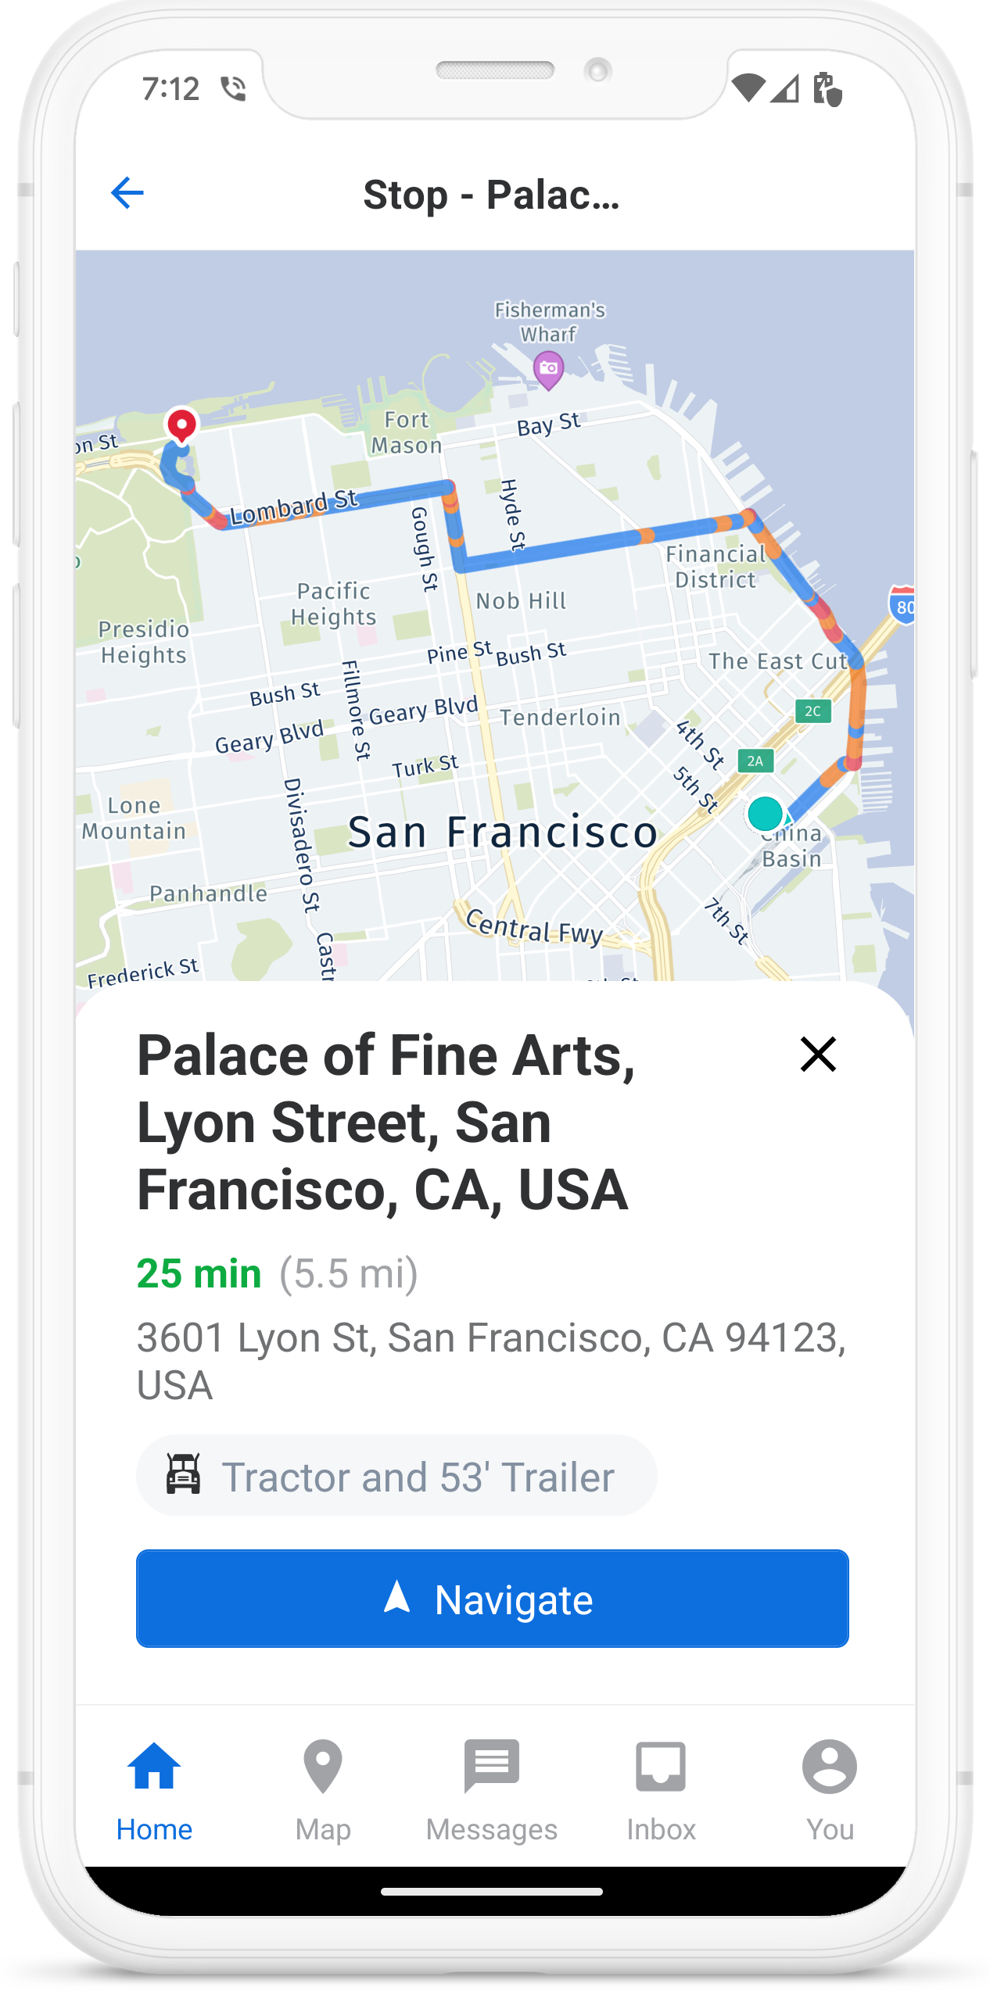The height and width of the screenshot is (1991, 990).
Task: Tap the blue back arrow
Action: (x=127, y=193)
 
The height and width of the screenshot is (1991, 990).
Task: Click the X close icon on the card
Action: (x=818, y=1054)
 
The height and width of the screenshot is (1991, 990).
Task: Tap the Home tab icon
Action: (x=154, y=1767)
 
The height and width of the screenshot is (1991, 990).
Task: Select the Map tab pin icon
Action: (x=323, y=1767)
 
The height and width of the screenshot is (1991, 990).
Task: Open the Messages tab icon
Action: (x=492, y=1765)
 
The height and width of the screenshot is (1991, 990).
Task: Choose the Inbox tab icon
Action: (x=661, y=1767)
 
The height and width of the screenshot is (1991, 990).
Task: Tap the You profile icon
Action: (x=830, y=1767)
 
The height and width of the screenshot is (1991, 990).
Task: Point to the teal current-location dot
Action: (x=765, y=813)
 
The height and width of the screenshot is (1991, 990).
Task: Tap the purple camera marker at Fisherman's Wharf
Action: (x=549, y=368)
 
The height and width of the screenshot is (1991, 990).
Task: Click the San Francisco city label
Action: (x=502, y=832)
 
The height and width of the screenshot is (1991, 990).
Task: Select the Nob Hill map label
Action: (x=521, y=601)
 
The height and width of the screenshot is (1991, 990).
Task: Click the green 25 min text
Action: (x=199, y=1273)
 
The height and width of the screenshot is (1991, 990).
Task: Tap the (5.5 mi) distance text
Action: (x=349, y=1273)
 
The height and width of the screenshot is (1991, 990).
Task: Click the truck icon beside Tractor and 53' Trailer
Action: (x=184, y=1474)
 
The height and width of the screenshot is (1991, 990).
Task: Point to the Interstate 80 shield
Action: (x=903, y=605)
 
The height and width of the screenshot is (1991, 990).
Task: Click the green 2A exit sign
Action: (x=755, y=761)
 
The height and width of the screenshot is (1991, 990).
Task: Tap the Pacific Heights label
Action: (x=334, y=604)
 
